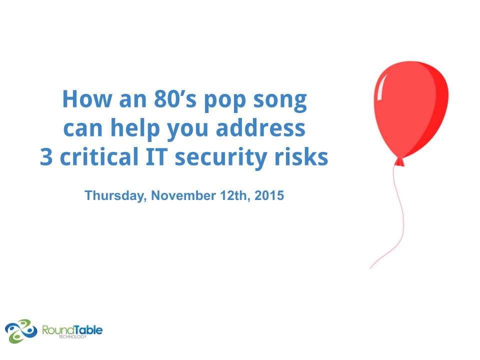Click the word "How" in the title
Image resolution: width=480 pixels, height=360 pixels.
click(87, 99)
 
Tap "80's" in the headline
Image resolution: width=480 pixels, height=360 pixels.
click(175, 99)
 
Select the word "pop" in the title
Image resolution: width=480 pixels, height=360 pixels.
click(224, 101)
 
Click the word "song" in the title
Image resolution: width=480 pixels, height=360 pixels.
click(280, 101)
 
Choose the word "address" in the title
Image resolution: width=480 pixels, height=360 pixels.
click(260, 127)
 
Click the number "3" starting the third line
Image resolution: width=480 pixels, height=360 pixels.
click(46, 156)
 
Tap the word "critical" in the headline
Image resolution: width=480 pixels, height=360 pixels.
click(99, 156)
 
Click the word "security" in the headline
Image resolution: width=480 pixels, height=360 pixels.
click(220, 158)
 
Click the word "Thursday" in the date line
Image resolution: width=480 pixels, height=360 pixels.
click(115, 196)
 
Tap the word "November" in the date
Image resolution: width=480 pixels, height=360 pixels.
click(183, 195)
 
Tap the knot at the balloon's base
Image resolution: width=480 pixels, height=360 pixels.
click(399, 162)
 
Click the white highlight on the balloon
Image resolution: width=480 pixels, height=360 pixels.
click(381, 87)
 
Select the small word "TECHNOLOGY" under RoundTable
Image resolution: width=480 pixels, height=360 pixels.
click(72, 336)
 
